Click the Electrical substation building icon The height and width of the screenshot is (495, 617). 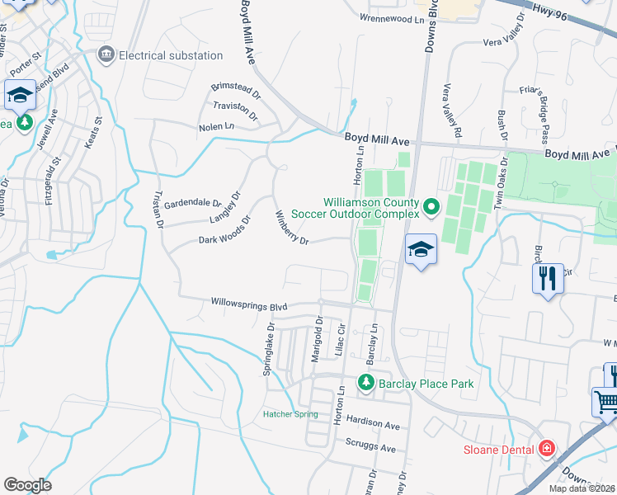point(106,55)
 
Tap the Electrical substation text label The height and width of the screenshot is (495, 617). point(171,55)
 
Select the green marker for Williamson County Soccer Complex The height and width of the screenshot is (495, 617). point(430,205)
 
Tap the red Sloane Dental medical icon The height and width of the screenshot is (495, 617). point(544,449)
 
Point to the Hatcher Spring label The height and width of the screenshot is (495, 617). point(290,414)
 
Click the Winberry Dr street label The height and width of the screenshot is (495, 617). point(291,229)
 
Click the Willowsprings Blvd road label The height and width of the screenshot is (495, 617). point(243,304)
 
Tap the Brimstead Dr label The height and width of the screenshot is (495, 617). point(235,86)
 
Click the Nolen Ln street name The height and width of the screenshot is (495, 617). point(216,127)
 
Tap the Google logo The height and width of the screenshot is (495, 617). point(27,485)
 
